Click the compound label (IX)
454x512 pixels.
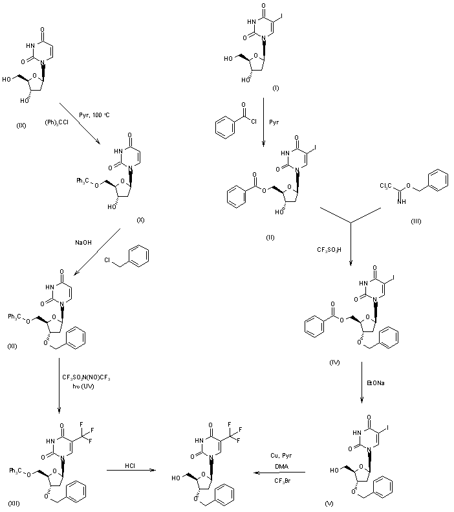click(x=20, y=125)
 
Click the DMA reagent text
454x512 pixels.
click(x=283, y=467)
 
